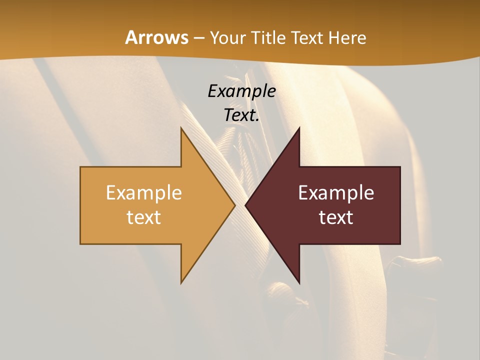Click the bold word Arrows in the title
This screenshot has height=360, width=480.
(157, 37)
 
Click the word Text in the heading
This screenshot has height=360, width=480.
(308, 37)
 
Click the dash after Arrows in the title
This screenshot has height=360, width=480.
(199, 38)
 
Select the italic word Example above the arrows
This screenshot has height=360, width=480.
(241, 91)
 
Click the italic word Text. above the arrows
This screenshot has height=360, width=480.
(241, 115)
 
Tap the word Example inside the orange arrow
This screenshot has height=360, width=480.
(144, 193)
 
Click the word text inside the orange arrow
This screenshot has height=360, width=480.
(144, 217)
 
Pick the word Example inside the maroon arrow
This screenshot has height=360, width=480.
(336, 193)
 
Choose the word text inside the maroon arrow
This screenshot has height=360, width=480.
(336, 217)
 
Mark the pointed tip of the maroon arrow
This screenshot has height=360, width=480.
(245, 205)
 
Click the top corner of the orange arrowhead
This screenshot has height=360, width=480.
(181, 128)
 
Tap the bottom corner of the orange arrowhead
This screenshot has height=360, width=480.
(181, 283)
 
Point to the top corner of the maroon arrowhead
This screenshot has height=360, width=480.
(299, 128)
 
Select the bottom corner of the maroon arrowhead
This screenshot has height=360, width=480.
(299, 283)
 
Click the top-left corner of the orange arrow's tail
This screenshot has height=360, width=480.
(80, 167)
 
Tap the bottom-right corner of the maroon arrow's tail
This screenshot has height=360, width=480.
(400, 244)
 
